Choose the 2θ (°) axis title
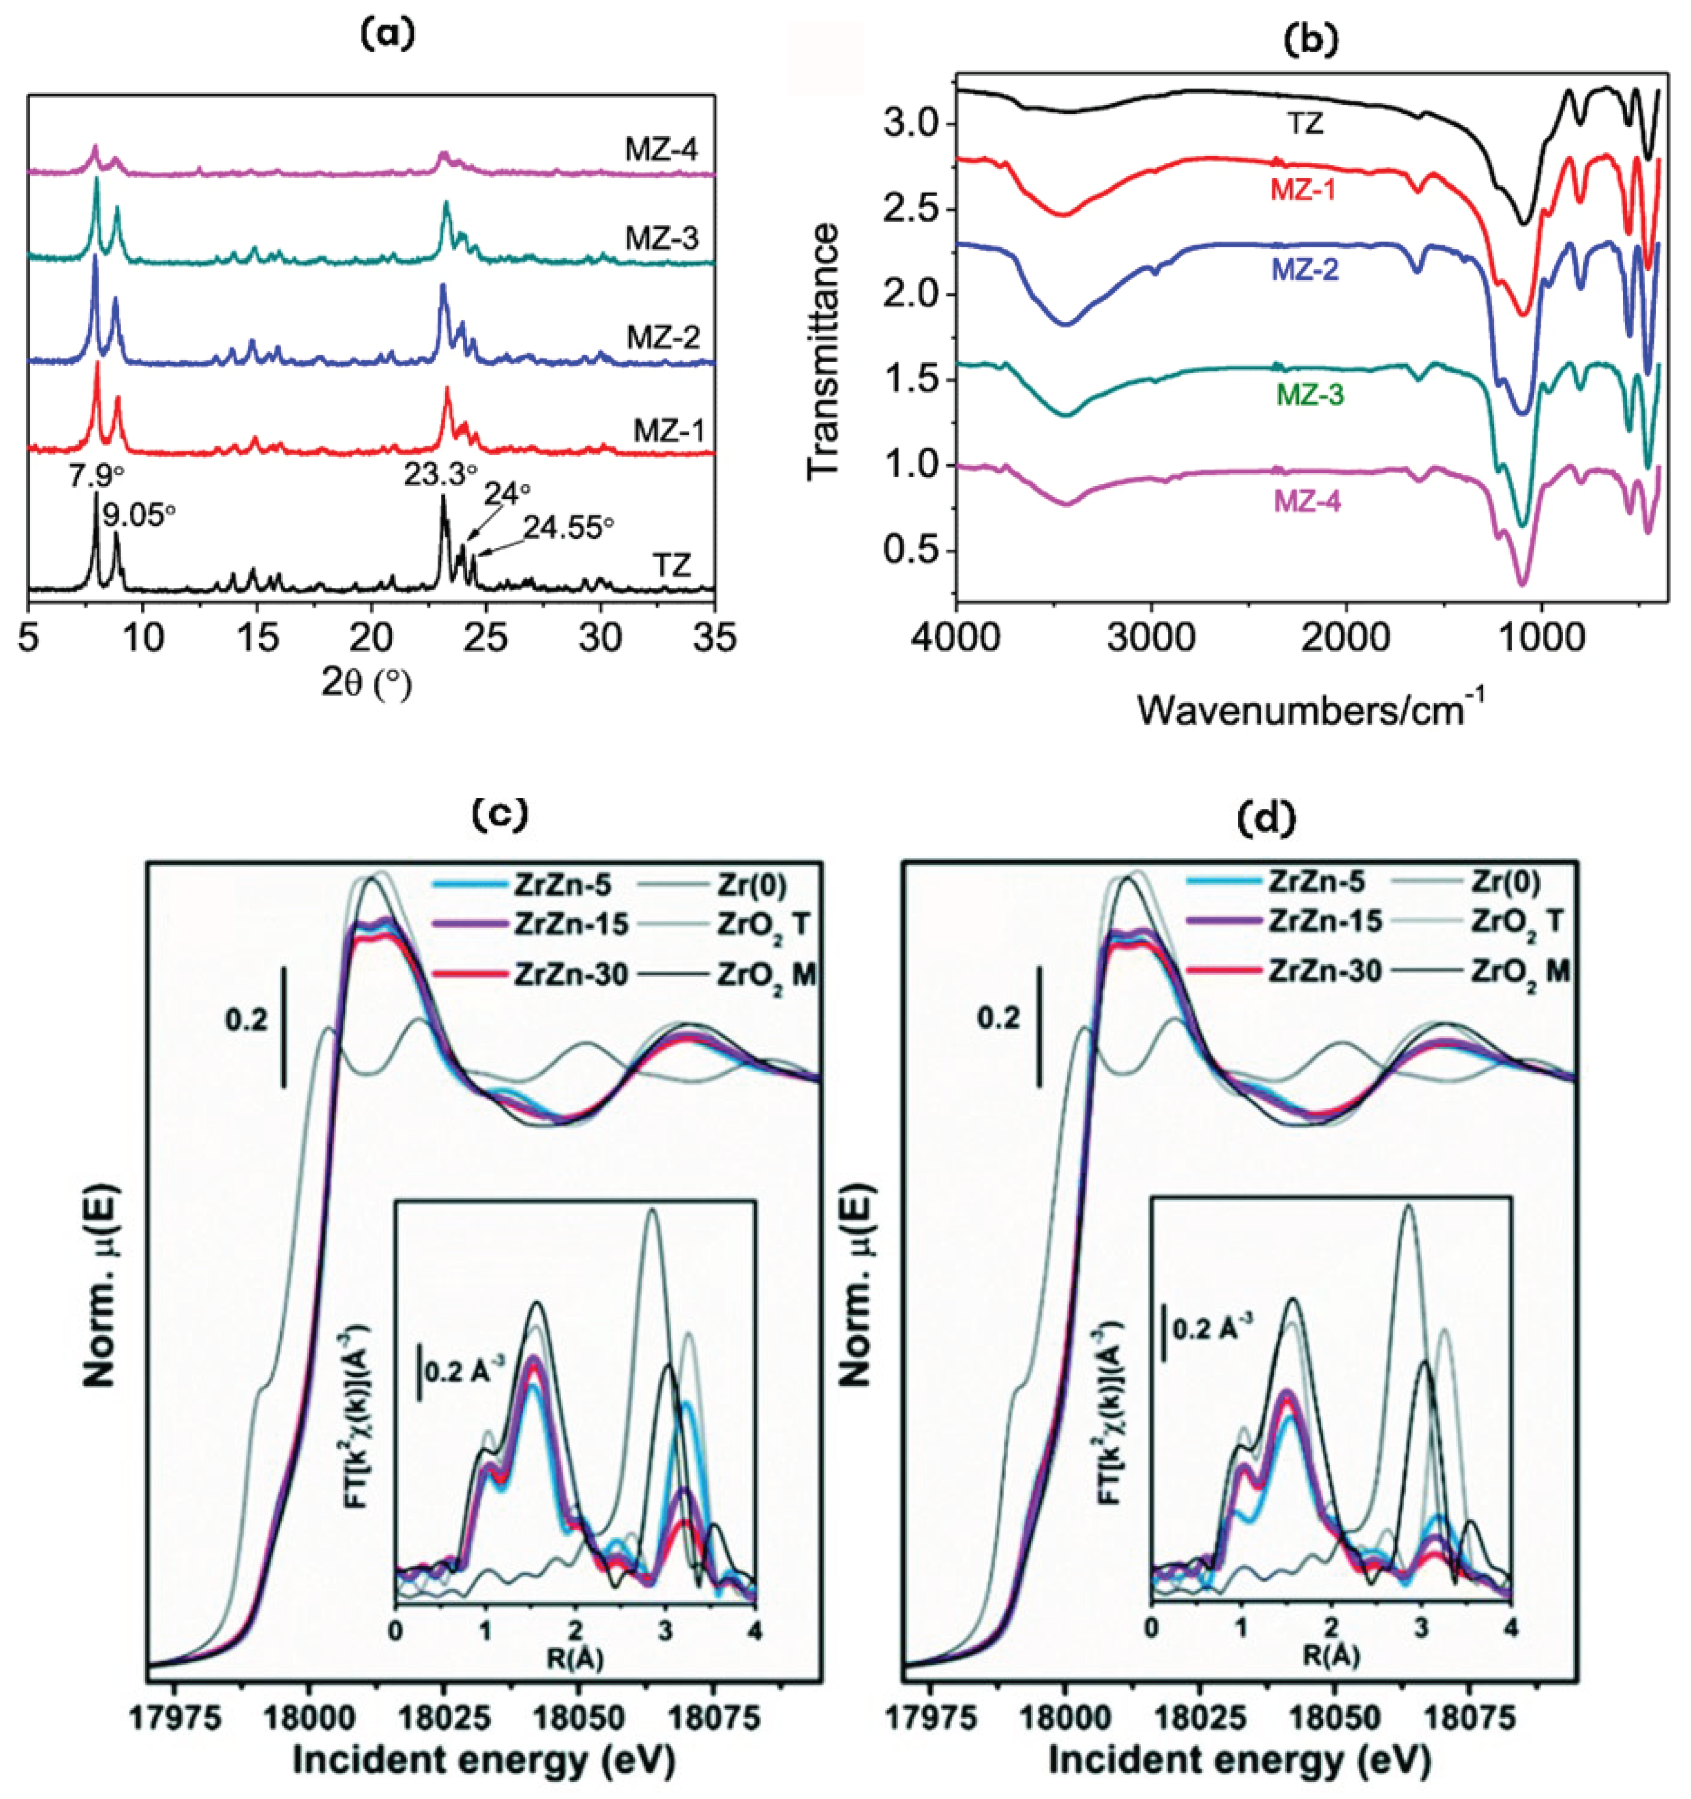pyautogui.click(x=367, y=685)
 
